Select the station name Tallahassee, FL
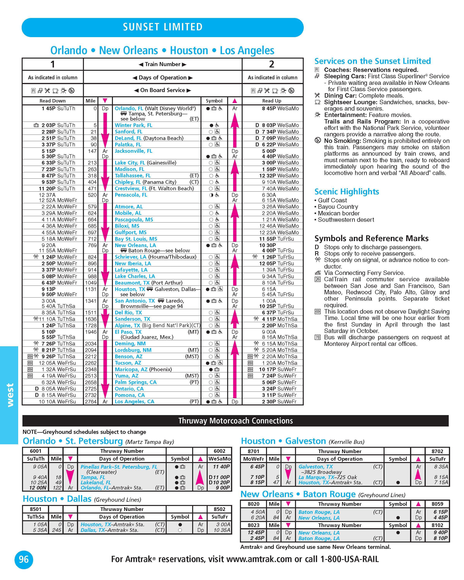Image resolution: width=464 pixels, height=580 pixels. [x=133, y=176]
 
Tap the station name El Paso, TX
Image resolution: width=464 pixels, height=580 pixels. [x=128, y=332]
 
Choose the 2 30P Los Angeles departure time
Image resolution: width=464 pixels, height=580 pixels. [x=269, y=402]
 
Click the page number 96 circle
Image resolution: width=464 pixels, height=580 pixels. [x=24, y=560]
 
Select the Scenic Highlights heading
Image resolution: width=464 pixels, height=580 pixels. [x=346, y=192]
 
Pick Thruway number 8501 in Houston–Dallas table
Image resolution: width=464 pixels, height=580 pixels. [x=36, y=509]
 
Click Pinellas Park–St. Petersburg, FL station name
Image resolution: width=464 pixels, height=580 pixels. [x=119, y=467]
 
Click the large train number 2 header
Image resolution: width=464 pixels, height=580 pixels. [x=272, y=64]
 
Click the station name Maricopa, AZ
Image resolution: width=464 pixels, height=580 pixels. [x=131, y=369]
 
